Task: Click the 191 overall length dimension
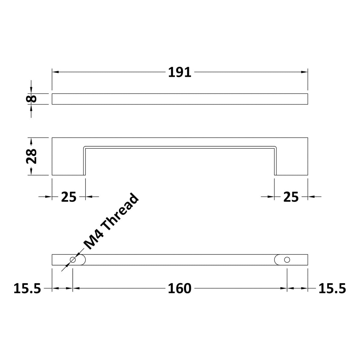(179, 72)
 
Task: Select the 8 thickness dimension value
(31, 98)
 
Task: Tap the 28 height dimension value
(31, 156)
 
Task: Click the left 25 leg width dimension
(69, 197)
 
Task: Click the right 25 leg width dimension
(291, 197)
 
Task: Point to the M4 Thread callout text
(112, 222)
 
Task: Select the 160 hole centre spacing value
(179, 289)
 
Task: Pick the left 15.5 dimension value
(27, 289)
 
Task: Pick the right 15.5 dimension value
(332, 289)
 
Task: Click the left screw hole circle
(72, 260)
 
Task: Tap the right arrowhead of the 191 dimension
(304, 72)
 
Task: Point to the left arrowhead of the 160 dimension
(76, 288)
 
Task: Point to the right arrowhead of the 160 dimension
(283, 288)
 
